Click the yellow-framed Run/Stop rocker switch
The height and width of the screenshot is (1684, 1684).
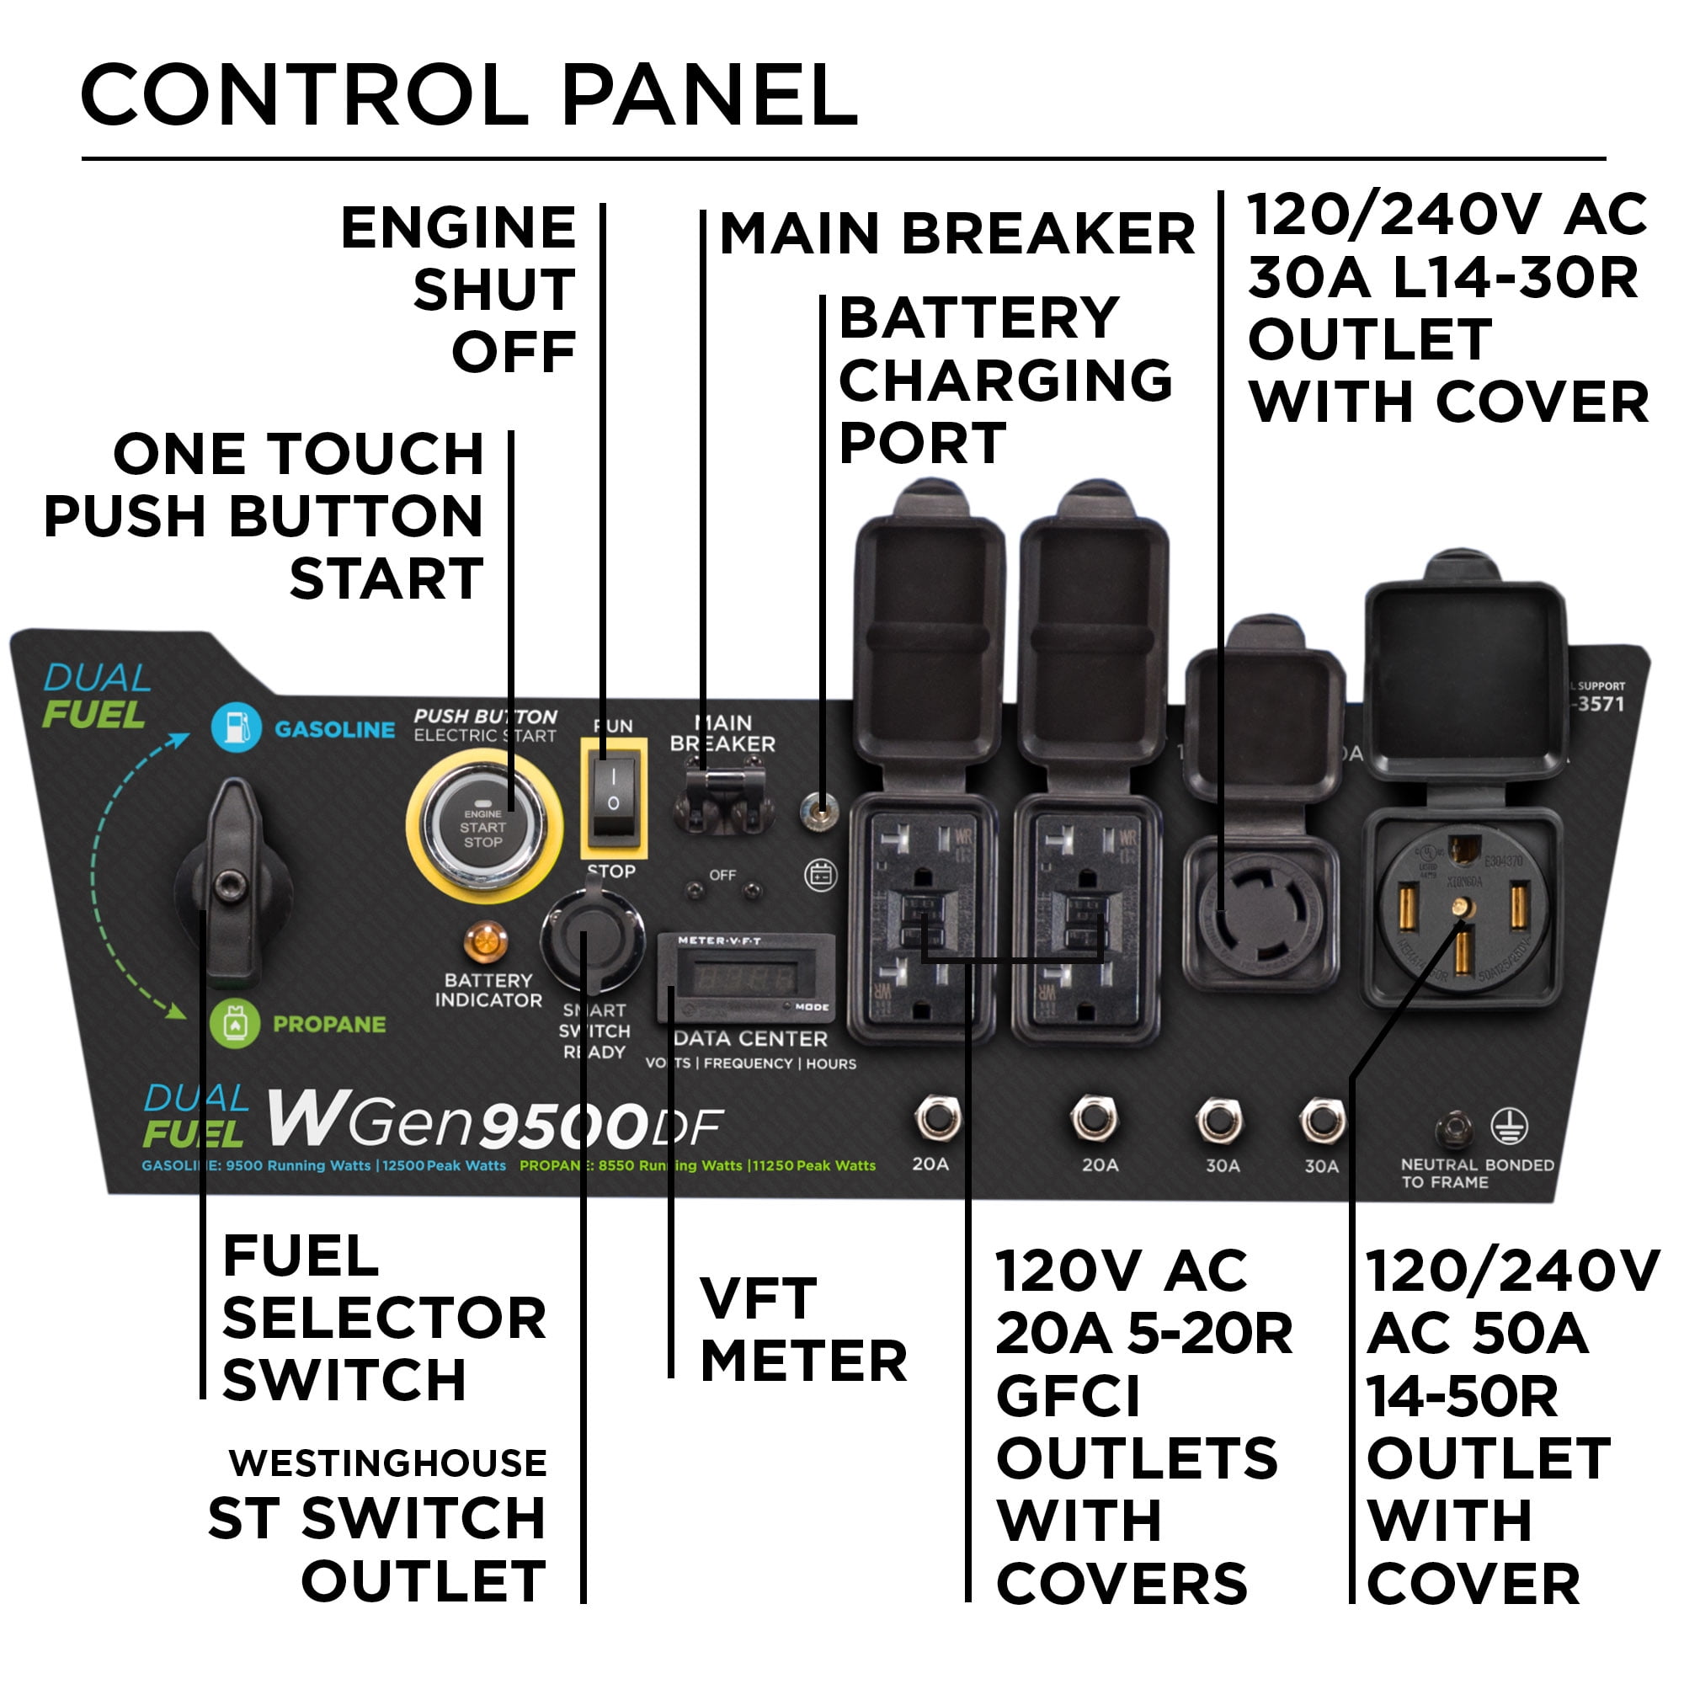pyautogui.click(x=614, y=797)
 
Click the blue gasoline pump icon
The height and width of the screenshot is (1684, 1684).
pyautogui.click(x=236, y=727)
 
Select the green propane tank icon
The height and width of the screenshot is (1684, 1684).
pyautogui.click(x=234, y=1023)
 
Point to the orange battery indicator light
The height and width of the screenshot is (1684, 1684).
pyautogui.click(x=485, y=942)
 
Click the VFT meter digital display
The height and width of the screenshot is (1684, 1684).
pyautogui.click(x=743, y=977)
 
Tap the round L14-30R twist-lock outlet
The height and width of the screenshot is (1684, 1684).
pyautogui.click(x=1260, y=912)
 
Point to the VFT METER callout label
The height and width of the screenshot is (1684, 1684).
pyautogui.click(x=802, y=1330)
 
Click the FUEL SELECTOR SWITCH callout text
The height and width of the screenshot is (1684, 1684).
pyautogui.click(x=383, y=1317)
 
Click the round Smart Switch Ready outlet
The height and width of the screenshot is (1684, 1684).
pyautogui.click(x=592, y=937)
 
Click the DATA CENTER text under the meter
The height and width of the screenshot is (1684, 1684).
pyautogui.click(x=750, y=1038)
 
